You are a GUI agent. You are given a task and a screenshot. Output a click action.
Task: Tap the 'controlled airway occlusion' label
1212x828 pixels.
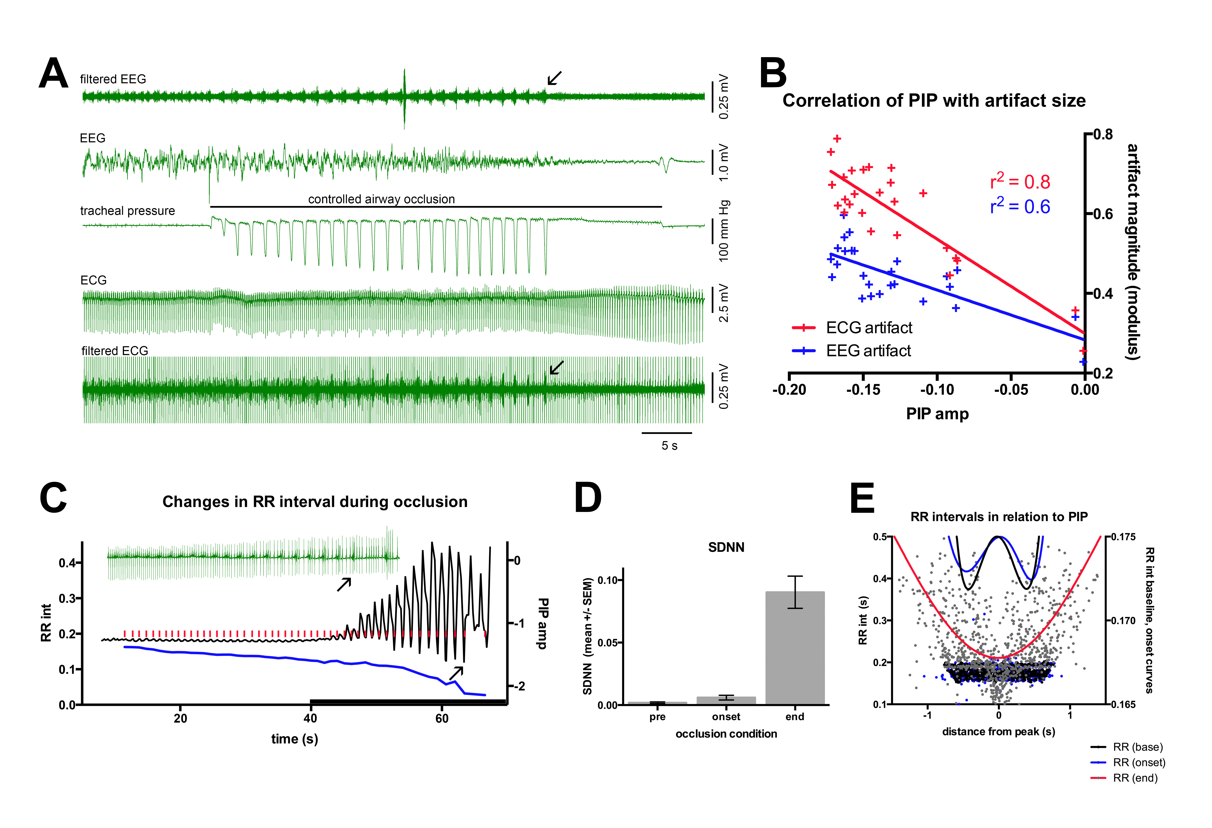pyautogui.click(x=381, y=199)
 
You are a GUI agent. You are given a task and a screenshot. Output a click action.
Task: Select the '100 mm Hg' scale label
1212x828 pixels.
pyautogui.click(x=724, y=231)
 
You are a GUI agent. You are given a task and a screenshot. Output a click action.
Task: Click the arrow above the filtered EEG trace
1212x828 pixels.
pyautogui.click(x=554, y=78)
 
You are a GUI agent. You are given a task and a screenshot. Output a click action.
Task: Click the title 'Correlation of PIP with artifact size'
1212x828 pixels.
pyautogui.click(x=934, y=100)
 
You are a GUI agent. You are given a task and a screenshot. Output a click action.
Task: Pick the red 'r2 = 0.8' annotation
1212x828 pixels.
pyautogui.click(x=1020, y=182)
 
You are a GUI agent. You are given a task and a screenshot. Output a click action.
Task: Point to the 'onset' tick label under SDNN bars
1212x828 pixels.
pyautogui.click(x=726, y=717)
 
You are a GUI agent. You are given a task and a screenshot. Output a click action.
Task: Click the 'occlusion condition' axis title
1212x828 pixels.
pyautogui.click(x=726, y=734)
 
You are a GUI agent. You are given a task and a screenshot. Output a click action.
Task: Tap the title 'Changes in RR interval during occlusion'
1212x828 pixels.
pyautogui.click(x=315, y=502)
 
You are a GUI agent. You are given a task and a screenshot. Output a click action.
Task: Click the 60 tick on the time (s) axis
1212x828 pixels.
pyautogui.click(x=442, y=718)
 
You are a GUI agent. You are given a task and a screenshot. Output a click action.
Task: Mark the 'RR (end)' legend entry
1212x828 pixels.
pyautogui.click(x=1135, y=778)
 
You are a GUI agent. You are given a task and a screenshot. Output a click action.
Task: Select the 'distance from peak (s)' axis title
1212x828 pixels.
pyautogui.click(x=998, y=731)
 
